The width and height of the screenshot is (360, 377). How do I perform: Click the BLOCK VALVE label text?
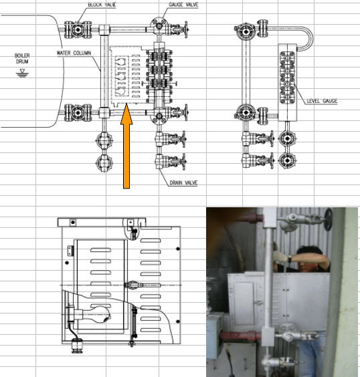click(x=102, y=5)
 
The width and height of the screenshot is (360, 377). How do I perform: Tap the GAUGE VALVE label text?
click(x=183, y=5)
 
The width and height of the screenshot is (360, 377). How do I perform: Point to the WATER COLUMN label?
click(x=74, y=53)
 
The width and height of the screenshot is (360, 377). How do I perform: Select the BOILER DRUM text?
click(x=22, y=58)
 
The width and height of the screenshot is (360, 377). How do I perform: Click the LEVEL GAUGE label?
click(x=322, y=101)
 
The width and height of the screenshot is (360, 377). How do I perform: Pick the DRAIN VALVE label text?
click(x=183, y=182)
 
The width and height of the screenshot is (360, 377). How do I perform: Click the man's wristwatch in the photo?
click(x=290, y=259)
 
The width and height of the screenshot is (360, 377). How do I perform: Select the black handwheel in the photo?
click(x=329, y=219)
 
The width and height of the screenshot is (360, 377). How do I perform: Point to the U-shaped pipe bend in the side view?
click(x=306, y=39)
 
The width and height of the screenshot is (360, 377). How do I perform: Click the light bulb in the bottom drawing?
click(x=96, y=315)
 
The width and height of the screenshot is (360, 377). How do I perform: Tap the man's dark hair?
click(x=309, y=251)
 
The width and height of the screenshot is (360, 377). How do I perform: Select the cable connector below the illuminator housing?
click(x=78, y=346)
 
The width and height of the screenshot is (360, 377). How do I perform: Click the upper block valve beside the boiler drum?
click(x=78, y=29)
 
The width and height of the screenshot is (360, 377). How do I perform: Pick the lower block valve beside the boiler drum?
click(x=78, y=112)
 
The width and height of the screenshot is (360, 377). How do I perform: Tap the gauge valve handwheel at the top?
click(x=186, y=29)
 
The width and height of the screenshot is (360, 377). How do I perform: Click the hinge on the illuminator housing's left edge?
click(x=70, y=251)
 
